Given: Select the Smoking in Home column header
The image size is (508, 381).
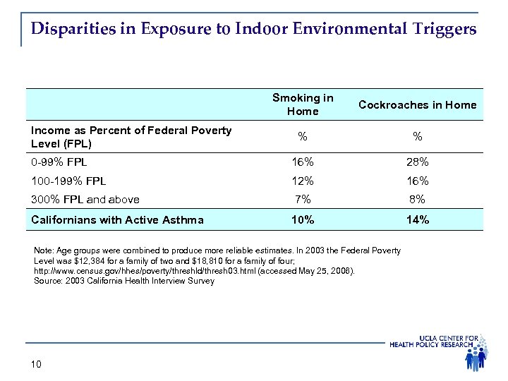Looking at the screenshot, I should (303, 104).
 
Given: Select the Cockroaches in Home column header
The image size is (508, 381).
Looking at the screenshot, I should (418, 105).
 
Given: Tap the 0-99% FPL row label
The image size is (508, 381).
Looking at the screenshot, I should (59, 162).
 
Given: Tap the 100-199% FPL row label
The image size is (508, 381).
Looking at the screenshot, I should (68, 181).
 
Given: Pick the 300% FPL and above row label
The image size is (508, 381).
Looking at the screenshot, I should (85, 200).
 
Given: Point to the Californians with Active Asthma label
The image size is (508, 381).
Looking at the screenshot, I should (117, 219).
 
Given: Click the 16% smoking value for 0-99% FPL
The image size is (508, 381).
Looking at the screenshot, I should (303, 162).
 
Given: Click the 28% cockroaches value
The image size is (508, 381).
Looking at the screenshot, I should (418, 162).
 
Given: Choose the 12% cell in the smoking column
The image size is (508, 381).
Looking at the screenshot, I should (303, 181).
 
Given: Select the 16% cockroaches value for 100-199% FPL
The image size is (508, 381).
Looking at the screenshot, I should (418, 181).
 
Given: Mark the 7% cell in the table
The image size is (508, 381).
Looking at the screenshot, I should (303, 200).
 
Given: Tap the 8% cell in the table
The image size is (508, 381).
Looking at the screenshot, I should (418, 200).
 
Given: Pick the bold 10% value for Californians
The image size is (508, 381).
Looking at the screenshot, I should (303, 219).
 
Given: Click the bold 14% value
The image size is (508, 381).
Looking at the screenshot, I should (418, 219).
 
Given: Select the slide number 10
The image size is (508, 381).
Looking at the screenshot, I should (37, 364).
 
